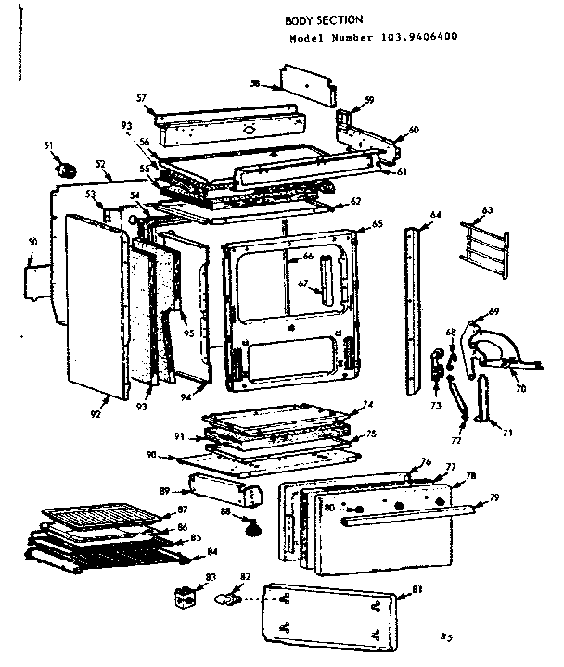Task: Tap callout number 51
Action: point(48,145)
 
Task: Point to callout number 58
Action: point(254,84)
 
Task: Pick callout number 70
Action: point(519,388)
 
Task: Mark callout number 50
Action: point(32,242)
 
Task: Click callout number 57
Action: point(141,97)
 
